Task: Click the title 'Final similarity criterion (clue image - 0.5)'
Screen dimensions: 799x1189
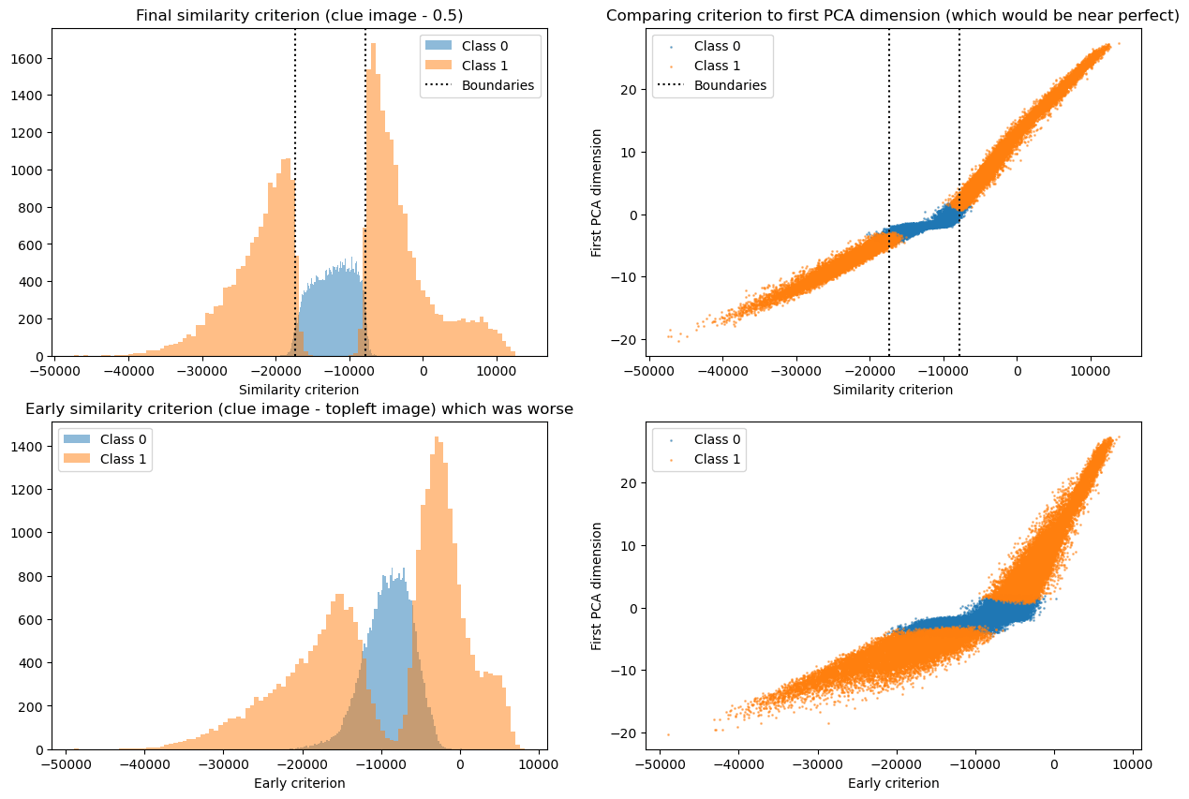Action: [299, 16]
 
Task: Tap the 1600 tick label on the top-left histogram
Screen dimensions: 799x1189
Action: [31, 59]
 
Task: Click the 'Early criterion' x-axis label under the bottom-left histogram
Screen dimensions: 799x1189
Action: [299, 783]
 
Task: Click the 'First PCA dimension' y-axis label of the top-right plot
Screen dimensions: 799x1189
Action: [597, 192]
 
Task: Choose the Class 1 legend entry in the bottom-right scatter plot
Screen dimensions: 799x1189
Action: [720, 459]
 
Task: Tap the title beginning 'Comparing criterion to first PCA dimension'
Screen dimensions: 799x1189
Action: [892, 16]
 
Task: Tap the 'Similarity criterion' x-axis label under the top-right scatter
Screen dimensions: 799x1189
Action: [892, 390]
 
